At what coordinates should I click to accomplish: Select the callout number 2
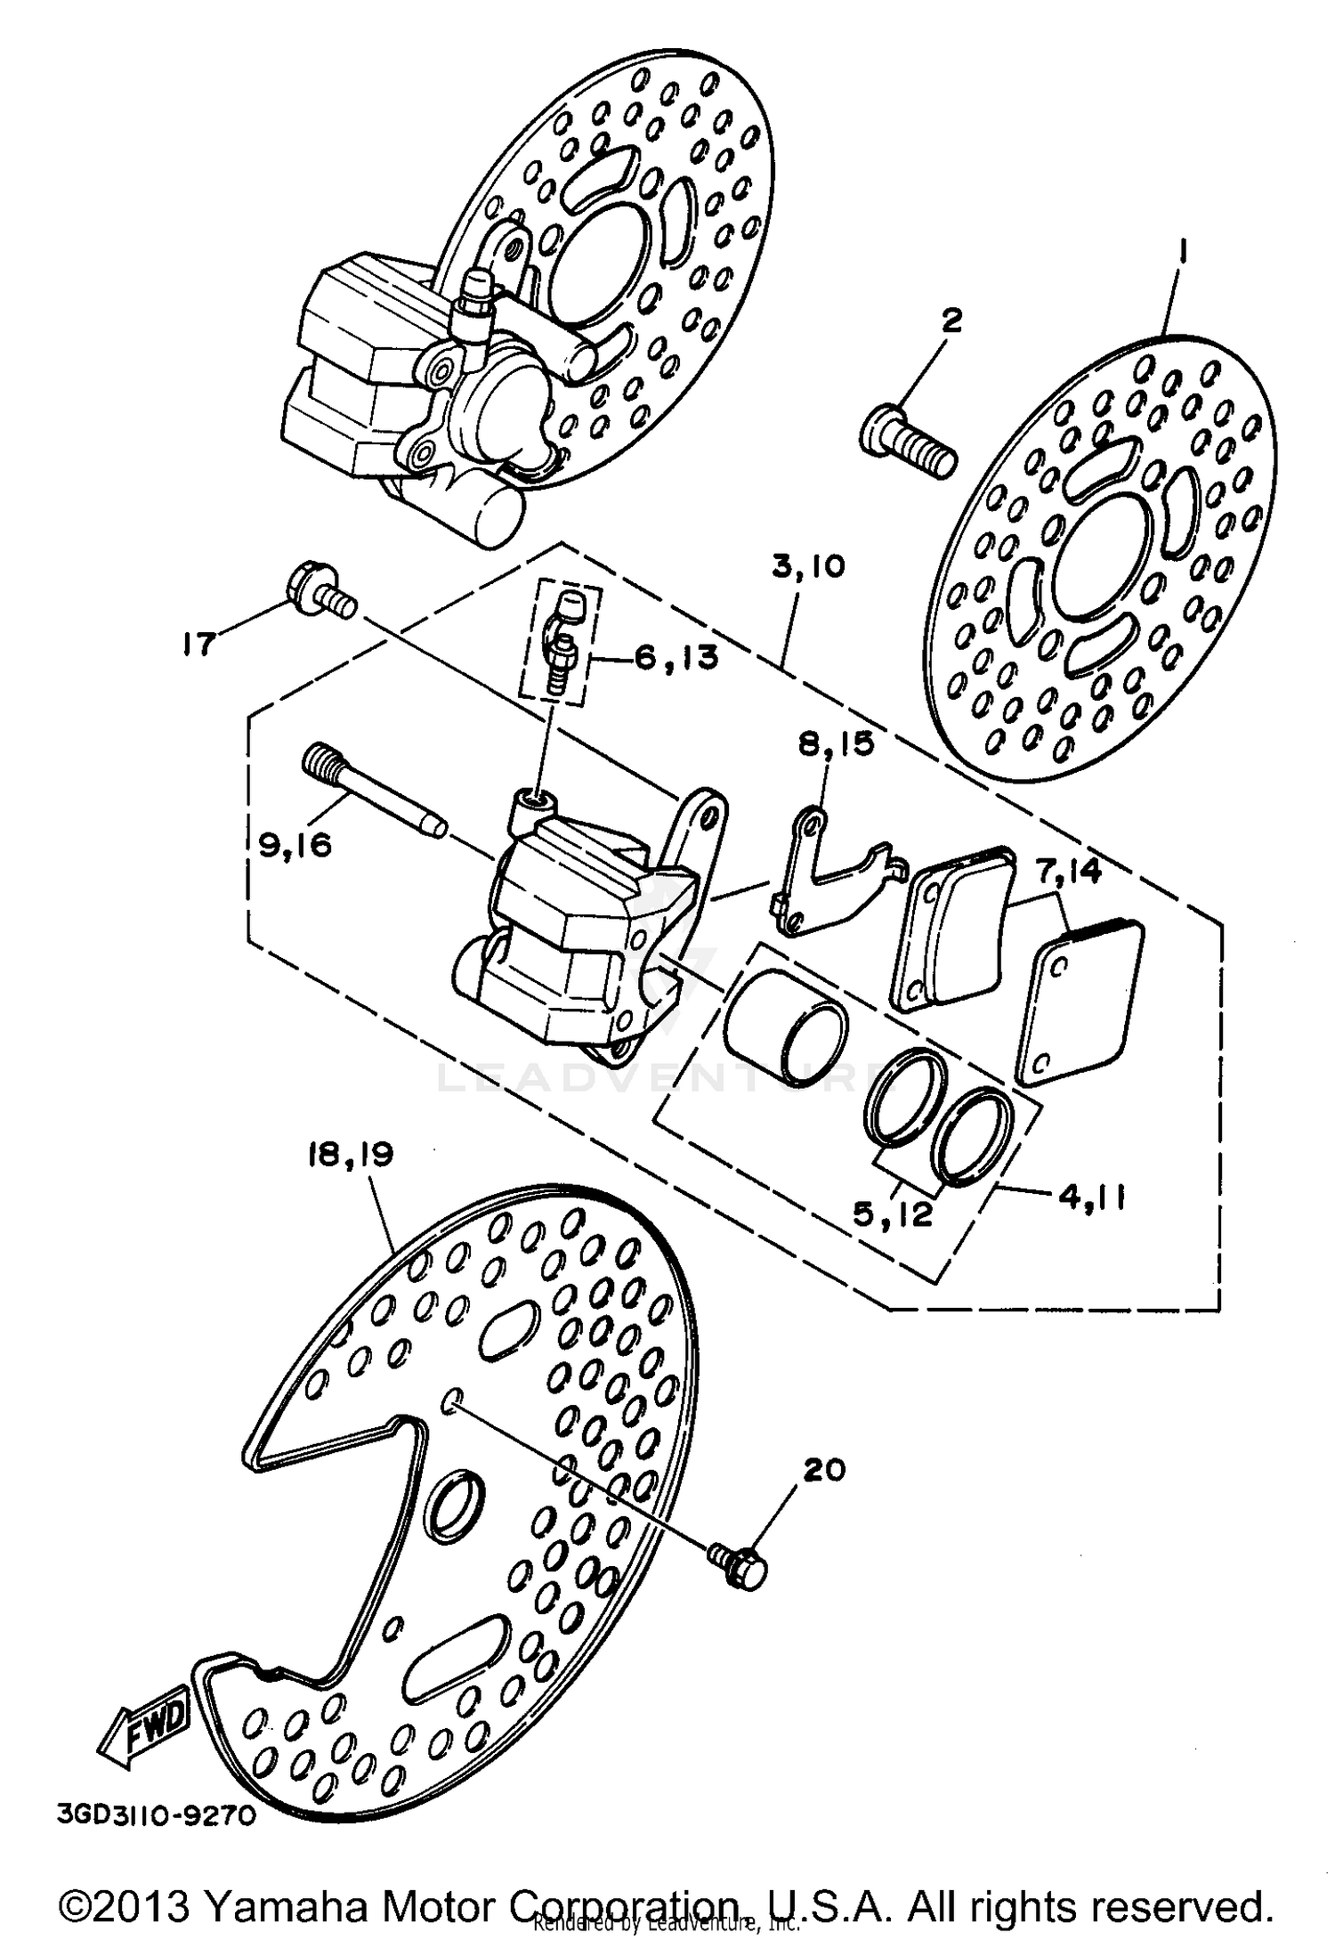click(x=951, y=321)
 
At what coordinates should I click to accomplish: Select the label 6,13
click(x=676, y=659)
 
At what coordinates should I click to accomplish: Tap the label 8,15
click(x=835, y=744)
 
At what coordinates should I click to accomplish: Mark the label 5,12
click(x=892, y=1214)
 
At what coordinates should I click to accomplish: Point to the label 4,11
click(x=1091, y=1197)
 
